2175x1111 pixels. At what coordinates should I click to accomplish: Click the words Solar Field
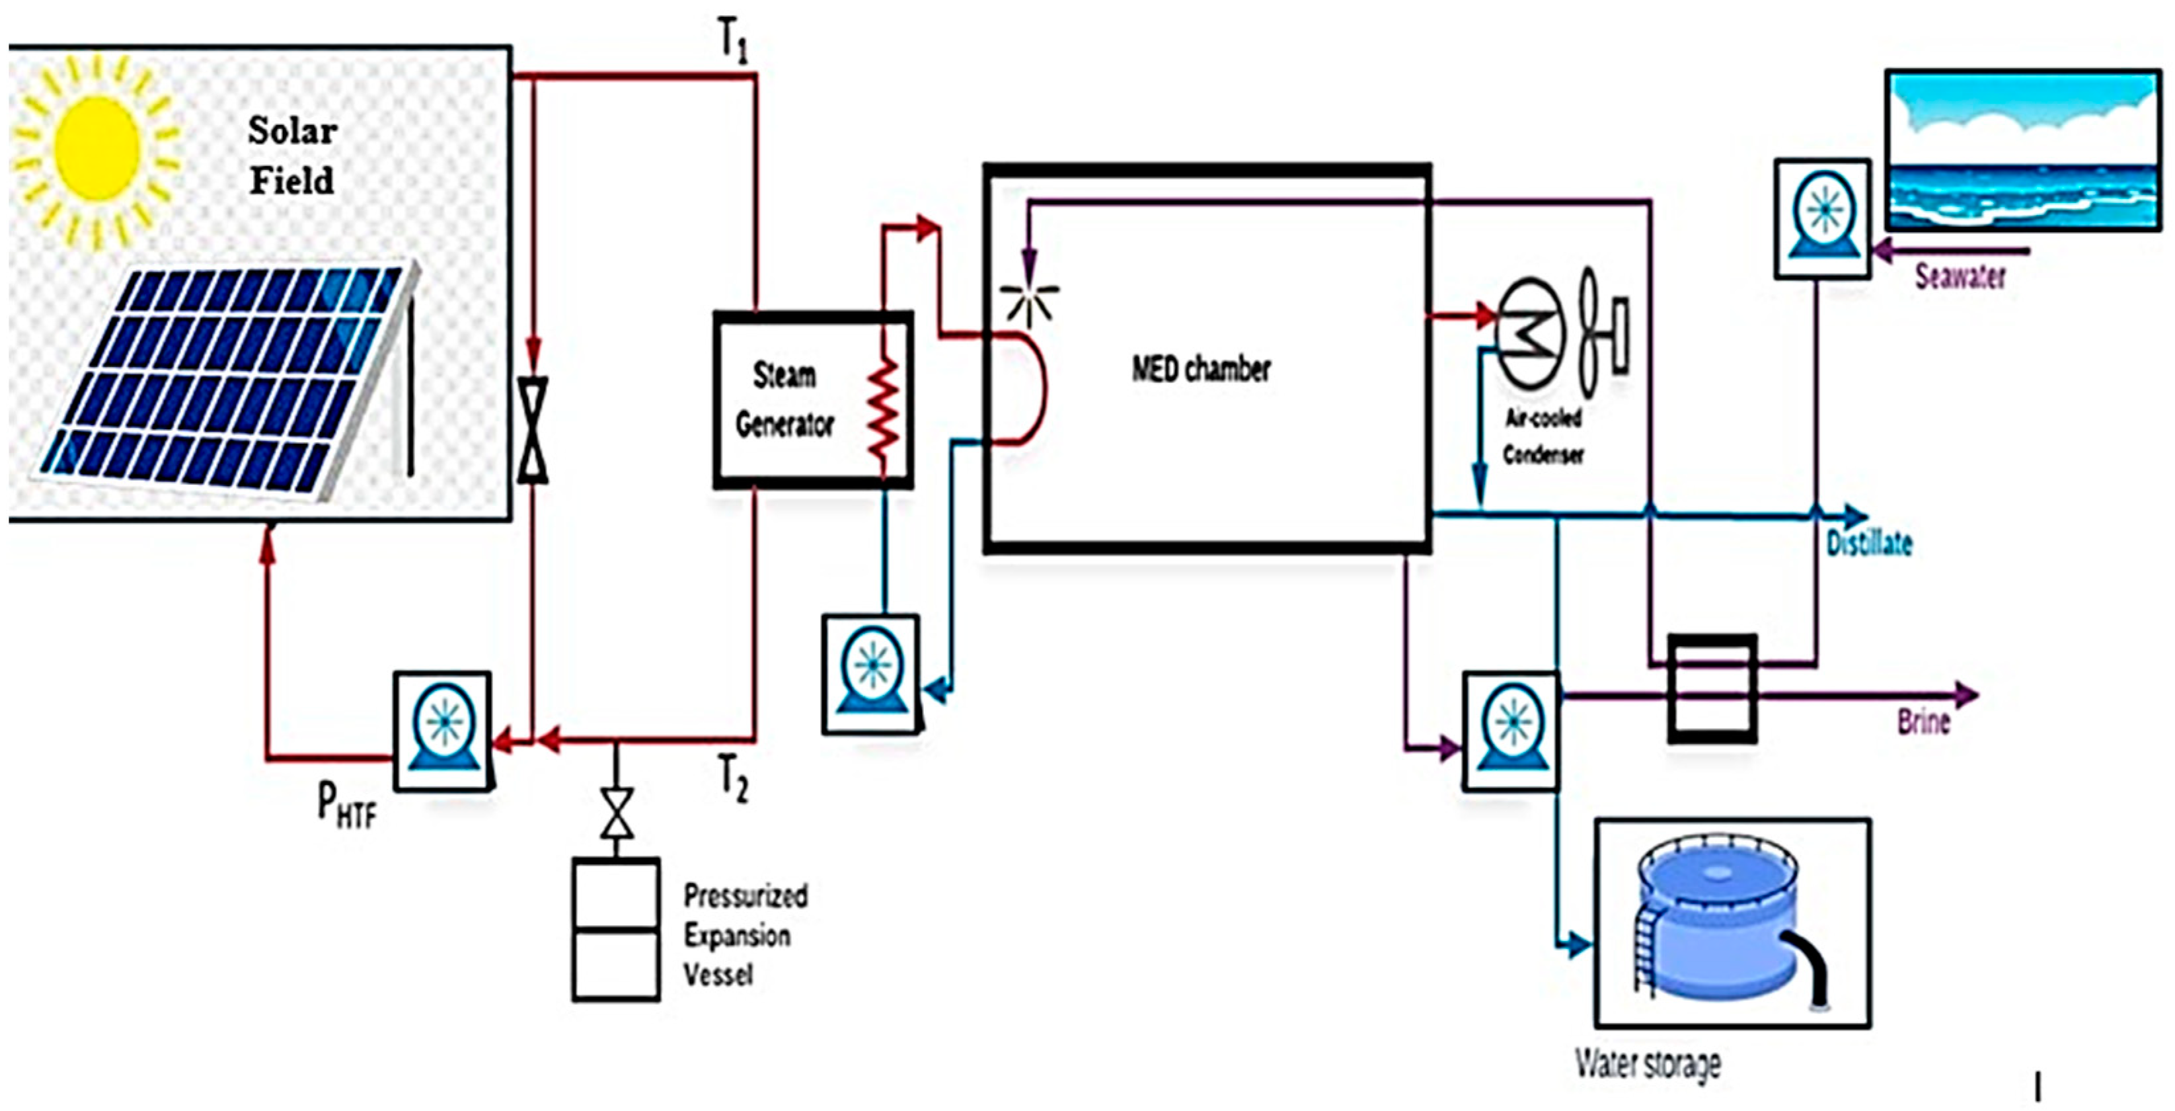tap(292, 155)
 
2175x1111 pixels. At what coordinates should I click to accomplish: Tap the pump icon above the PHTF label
tap(442, 730)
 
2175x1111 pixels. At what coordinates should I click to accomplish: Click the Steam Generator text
tap(784, 399)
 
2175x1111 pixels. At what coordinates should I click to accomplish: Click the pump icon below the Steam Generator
tap(870, 673)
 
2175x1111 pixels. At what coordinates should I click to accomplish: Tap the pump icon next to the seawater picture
tap(1822, 218)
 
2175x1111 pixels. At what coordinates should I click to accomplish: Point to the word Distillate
tap(1868, 543)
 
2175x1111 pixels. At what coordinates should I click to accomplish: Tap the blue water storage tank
tap(1722, 921)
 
